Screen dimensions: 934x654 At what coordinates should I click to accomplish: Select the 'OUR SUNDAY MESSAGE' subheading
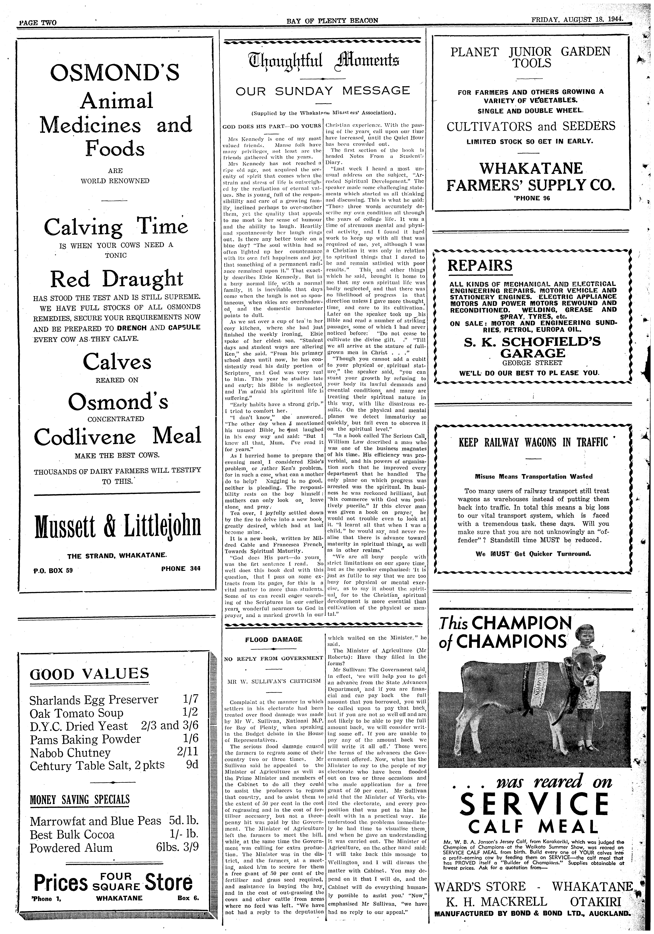[x=323, y=90]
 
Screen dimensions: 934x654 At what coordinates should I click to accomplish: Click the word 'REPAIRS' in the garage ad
[x=480, y=266]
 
